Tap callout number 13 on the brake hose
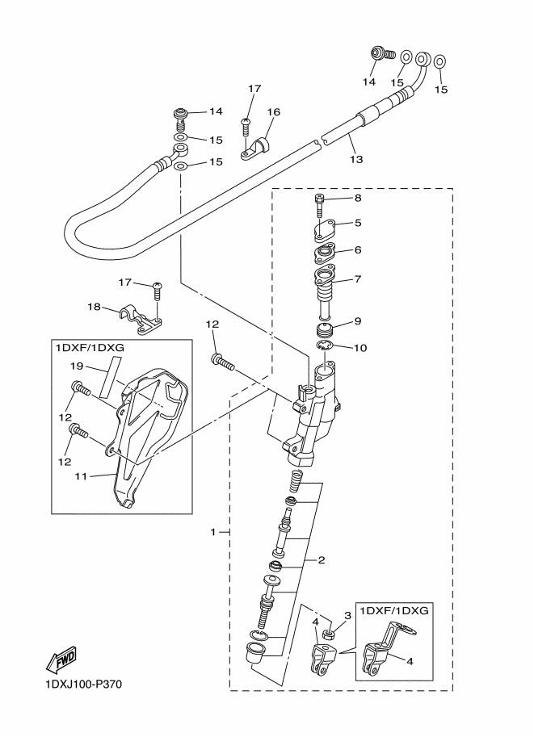355,160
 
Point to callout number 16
273,112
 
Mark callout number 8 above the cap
357,198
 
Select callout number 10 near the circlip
361,348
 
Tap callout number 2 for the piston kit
321,559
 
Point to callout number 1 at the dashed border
213,532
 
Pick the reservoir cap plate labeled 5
326,232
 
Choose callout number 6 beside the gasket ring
357,251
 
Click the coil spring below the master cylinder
295,482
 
